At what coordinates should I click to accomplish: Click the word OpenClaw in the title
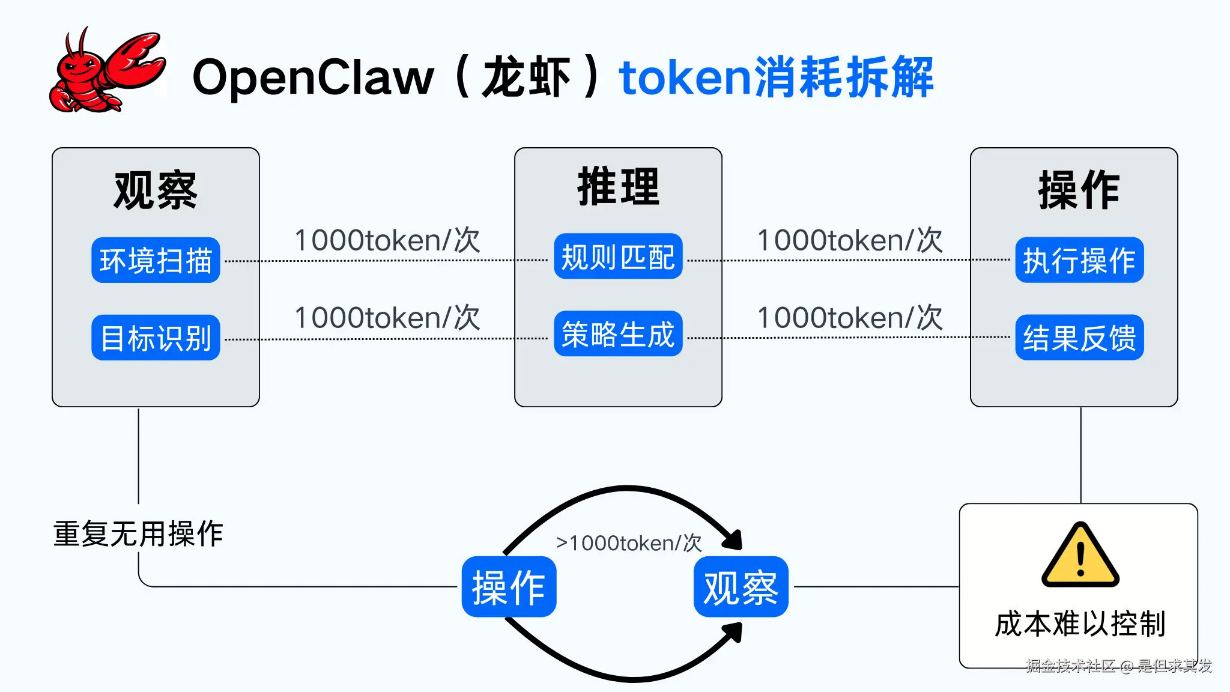pyautogui.click(x=312, y=77)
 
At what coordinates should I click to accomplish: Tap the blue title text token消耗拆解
pyautogui.click(x=776, y=77)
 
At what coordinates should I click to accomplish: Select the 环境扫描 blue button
pyautogui.click(x=156, y=260)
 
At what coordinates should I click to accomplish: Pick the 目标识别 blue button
pyautogui.click(x=156, y=338)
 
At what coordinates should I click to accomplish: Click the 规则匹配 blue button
pyautogui.click(x=618, y=256)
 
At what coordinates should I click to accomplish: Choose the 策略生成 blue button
pyautogui.click(x=618, y=334)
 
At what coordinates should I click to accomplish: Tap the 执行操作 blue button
pyautogui.click(x=1079, y=260)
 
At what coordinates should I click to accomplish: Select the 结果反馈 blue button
pyautogui.click(x=1079, y=338)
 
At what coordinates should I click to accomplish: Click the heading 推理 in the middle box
pyautogui.click(x=619, y=187)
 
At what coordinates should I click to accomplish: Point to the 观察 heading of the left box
pyautogui.click(x=156, y=190)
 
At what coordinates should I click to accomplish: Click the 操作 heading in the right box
pyautogui.click(x=1079, y=190)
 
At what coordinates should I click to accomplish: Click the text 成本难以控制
pyautogui.click(x=1080, y=624)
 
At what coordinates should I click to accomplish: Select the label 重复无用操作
pyautogui.click(x=138, y=533)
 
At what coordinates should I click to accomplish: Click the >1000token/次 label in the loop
pyautogui.click(x=628, y=543)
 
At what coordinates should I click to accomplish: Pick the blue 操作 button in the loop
pyautogui.click(x=509, y=587)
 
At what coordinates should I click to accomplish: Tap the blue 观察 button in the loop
pyautogui.click(x=741, y=587)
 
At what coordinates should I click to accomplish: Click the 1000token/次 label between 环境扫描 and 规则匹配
pyautogui.click(x=387, y=240)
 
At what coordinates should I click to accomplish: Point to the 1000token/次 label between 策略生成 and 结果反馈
pyautogui.click(x=850, y=317)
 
